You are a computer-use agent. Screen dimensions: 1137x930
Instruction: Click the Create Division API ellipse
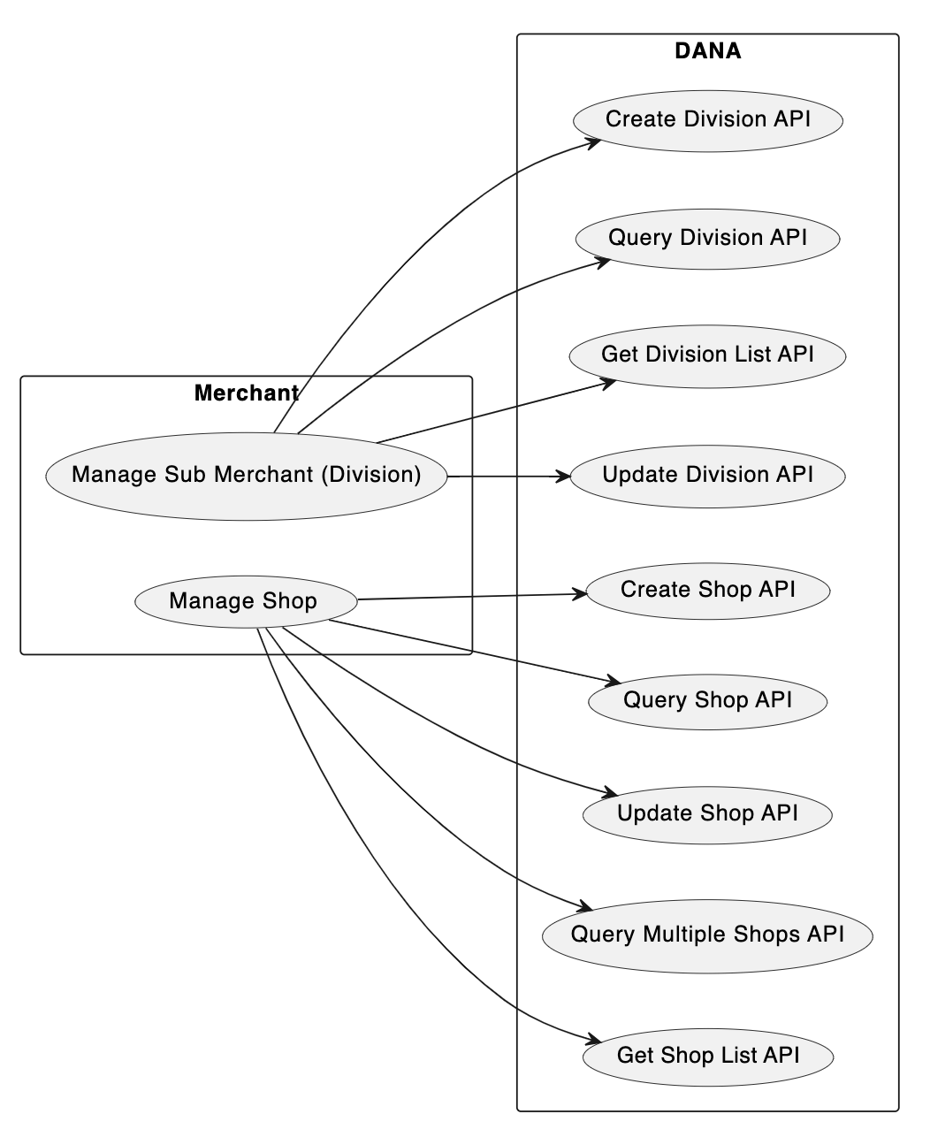click(707, 120)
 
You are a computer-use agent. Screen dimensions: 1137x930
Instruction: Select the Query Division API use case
click(707, 239)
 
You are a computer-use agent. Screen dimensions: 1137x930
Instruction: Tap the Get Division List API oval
click(707, 355)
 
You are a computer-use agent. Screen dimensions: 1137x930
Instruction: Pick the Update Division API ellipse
click(707, 476)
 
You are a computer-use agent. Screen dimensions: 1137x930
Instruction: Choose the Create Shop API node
click(707, 591)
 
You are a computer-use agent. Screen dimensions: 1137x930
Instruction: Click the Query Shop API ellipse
click(707, 701)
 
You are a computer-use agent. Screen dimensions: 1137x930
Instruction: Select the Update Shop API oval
click(707, 813)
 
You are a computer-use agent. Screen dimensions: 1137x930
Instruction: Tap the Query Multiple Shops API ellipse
click(707, 935)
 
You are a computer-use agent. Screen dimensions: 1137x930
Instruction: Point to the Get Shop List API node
click(707, 1056)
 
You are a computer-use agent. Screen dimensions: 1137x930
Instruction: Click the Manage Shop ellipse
click(246, 602)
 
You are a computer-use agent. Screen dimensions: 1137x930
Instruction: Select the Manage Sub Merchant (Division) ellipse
click(246, 476)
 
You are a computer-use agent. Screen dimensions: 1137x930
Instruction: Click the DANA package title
click(707, 51)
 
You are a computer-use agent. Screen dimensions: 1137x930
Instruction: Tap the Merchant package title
click(246, 393)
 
